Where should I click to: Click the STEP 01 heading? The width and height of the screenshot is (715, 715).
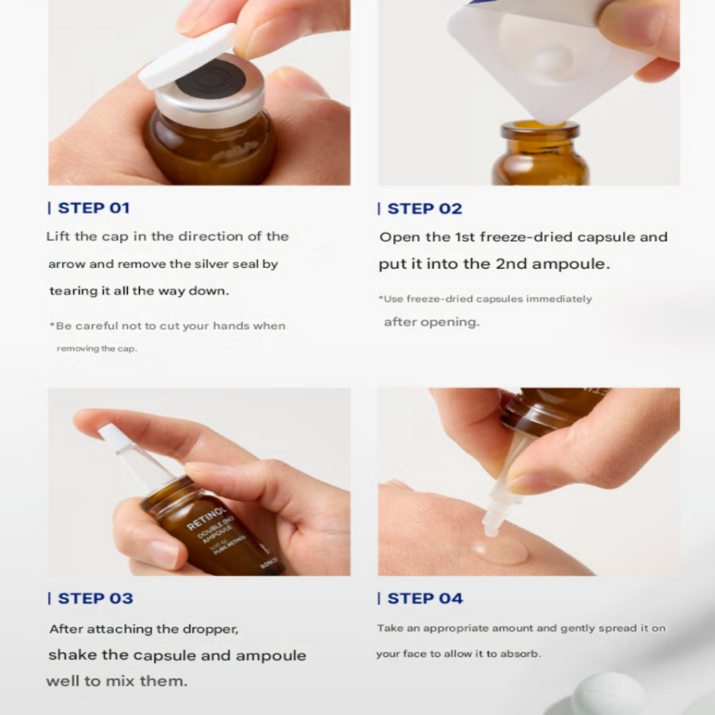[94, 208]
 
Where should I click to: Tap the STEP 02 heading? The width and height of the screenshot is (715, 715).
[425, 209]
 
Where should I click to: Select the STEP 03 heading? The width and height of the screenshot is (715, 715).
[95, 598]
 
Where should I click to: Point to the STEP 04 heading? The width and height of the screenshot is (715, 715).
[425, 598]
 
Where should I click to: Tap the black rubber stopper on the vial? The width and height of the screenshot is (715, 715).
[211, 78]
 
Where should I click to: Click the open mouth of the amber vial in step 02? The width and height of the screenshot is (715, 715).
[540, 125]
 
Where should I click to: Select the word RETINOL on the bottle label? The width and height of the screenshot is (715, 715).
[206, 519]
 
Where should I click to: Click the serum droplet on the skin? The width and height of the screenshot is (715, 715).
[499, 550]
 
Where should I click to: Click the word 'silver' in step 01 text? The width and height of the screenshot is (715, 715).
[210, 264]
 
